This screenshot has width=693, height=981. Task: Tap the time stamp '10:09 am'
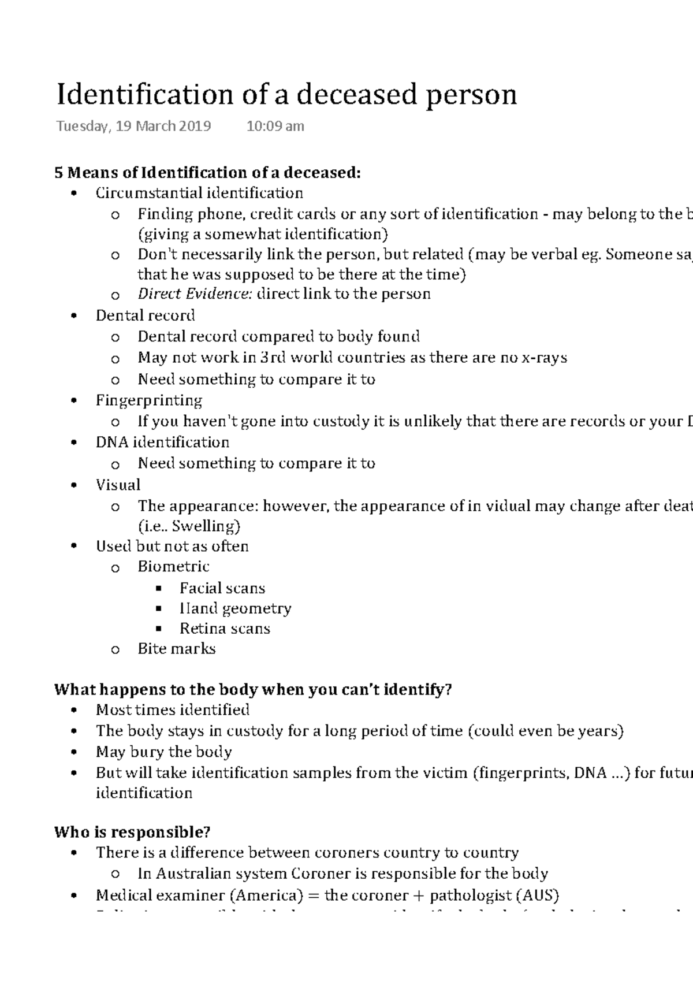275,126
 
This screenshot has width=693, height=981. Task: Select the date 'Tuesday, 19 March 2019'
133,126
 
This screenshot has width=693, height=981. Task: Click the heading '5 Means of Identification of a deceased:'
207,172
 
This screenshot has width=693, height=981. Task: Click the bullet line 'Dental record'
145,315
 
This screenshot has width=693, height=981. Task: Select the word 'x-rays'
544,358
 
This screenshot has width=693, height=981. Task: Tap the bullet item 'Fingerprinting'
149,400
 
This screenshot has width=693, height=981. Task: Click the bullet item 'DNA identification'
162,443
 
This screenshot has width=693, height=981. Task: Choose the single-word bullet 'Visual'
118,485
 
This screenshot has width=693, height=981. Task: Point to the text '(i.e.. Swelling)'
189,526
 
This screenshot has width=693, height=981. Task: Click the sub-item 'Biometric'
173,567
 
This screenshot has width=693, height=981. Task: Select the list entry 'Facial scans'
222,588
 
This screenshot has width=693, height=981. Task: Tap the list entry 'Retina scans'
225,629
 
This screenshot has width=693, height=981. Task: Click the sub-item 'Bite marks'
177,649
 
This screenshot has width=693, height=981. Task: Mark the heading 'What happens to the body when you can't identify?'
252,690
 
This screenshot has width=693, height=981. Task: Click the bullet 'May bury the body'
163,752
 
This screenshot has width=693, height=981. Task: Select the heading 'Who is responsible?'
132,832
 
